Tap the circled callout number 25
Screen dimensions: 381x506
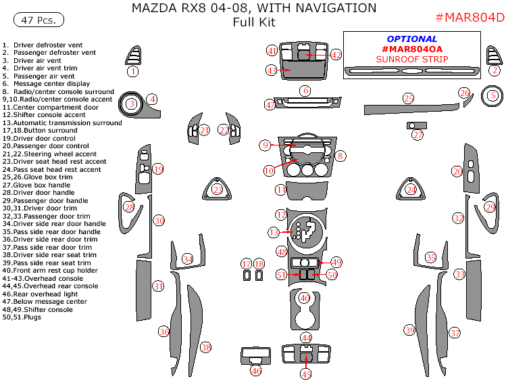[x=409, y=99]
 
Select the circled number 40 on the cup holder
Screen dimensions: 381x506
[x=305, y=298]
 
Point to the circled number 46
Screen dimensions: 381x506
[x=255, y=371]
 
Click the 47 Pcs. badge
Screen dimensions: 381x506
[x=39, y=20]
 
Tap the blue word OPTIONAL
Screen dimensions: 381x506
[x=412, y=39]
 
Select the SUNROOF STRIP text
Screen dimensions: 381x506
[x=412, y=60]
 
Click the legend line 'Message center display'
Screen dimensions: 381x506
[x=51, y=84]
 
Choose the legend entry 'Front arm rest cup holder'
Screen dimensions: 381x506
[x=54, y=271]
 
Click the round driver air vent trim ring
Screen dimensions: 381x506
[x=131, y=104]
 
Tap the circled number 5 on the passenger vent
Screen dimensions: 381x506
[x=492, y=96]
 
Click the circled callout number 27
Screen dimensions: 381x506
[x=418, y=135]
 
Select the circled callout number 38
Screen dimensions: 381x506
[x=206, y=348]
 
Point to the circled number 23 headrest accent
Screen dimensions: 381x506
[x=218, y=190]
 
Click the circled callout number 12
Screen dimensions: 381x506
[x=281, y=215]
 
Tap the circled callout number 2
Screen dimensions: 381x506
[x=495, y=70]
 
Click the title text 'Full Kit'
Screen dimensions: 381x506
[x=253, y=22]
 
